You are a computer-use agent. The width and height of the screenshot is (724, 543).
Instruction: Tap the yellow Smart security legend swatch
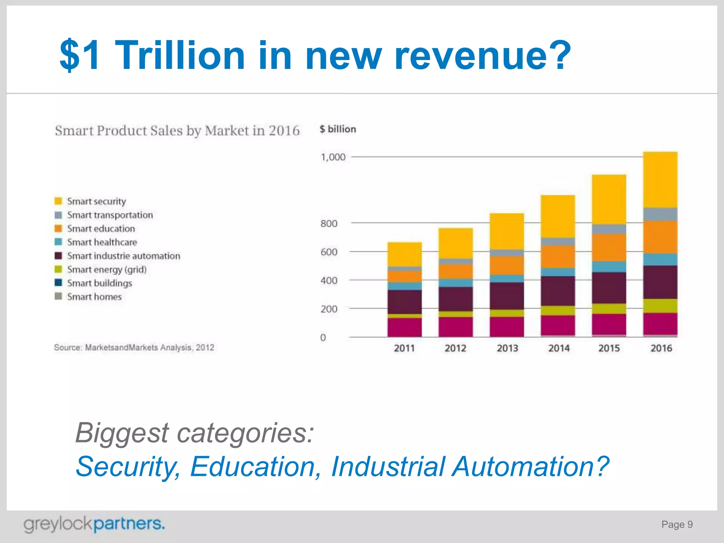pyautogui.click(x=58, y=201)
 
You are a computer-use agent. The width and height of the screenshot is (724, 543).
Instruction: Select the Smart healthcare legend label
pyautogui.click(x=102, y=242)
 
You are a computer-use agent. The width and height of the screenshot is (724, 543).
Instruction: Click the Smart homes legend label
pyautogui.click(x=94, y=297)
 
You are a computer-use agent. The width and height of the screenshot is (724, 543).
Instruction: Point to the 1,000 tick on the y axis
pyautogui.click(x=333, y=157)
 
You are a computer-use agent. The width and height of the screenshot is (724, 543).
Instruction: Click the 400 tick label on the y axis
pyautogui.click(x=329, y=280)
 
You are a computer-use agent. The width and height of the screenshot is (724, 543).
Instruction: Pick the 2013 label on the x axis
pyautogui.click(x=507, y=348)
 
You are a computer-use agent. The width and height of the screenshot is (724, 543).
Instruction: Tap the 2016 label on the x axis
pyautogui.click(x=661, y=348)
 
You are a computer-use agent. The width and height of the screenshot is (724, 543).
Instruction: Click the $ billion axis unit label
pyautogui.click(x=338, y=129)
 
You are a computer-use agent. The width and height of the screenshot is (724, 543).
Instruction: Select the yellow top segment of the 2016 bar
pyautogui.click(x=660, y=180)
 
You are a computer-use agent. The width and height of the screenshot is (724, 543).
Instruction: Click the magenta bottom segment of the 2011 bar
pyautogui.click(x=404, y=327)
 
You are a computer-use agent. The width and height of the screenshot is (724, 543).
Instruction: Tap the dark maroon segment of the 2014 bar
pyautogui.click(x=557, y=291)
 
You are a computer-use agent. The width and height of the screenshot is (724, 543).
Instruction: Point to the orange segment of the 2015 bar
pyautogui.click(x=609, y=247)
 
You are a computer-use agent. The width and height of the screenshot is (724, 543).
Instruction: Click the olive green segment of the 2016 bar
pyautogui.click(x=660, y=306)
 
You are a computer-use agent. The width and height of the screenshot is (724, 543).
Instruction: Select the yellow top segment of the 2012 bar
pyautogui.click(x=455, y=243)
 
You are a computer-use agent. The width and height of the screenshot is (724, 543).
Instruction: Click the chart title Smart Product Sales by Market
pyautogui.click(x=177, y=131)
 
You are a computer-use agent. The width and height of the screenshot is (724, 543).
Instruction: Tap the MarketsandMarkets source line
pyautogui.click(x=134, y=348)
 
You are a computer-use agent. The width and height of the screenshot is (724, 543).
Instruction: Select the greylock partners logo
pyautogui.click(x=94, y=524)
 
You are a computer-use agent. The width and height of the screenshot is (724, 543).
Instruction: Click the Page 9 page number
pyautogui.click(x=677, y=524)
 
